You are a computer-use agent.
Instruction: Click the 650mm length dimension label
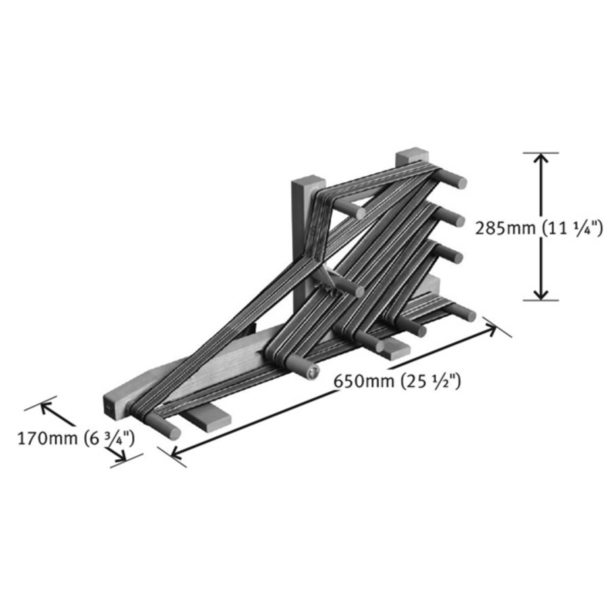397,381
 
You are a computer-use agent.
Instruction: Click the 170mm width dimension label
76,439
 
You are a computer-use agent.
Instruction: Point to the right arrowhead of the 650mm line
491,328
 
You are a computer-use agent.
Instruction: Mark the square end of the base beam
109,407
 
